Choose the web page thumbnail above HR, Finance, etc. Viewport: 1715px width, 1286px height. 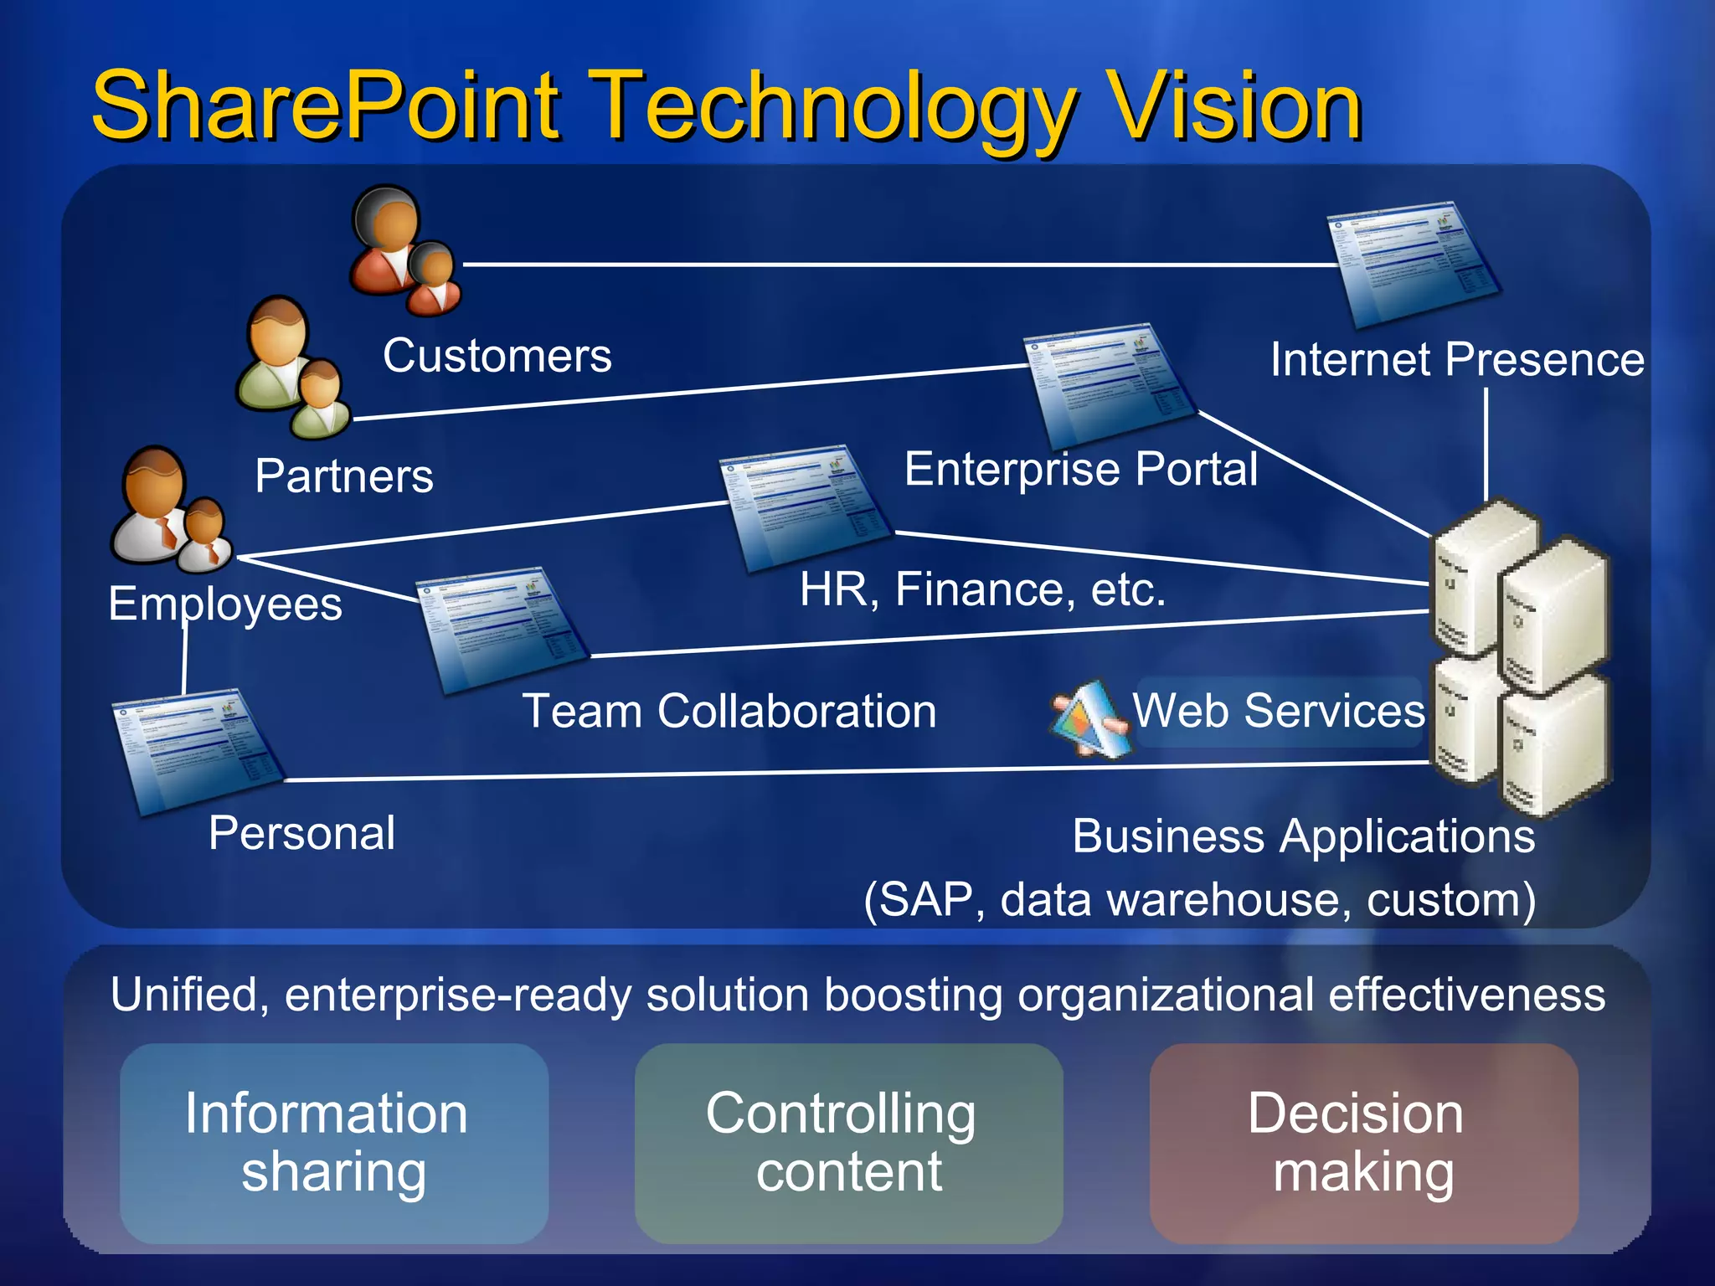tap(805, 507)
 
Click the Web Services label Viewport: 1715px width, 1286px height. tap(1278, 711)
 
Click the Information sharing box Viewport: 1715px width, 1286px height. tap(333, 1142)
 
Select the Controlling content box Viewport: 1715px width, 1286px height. tap(848, 1142)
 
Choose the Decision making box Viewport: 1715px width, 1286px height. tap(1363, 1142)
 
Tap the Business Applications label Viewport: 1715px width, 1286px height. tap(1303, 836)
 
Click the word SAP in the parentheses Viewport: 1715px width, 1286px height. tap(926, 900)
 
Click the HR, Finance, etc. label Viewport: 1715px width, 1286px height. tap(982, 589)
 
